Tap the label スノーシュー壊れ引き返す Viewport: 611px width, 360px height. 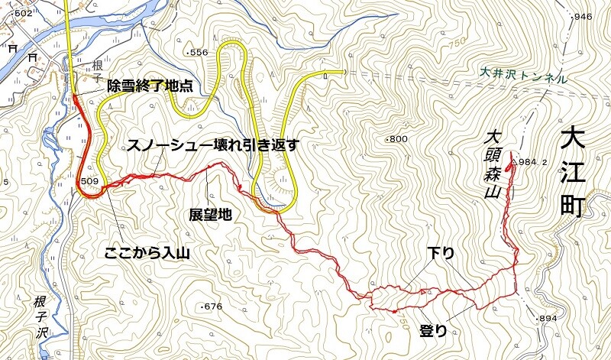click(x=212, y=146)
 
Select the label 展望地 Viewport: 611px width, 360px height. click(x=210, y=216)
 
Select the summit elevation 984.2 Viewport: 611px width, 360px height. click(x=533, y=162)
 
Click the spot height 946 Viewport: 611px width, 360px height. click(x=583, y=17)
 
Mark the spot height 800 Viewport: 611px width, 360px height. click(x=399, y=139)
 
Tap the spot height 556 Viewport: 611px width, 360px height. click(x=199, y=53)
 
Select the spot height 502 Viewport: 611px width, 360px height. click(x=22, y=14)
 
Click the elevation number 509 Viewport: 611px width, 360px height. click(x=90, y=181)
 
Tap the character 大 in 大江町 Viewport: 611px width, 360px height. click(x=576, y=140)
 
